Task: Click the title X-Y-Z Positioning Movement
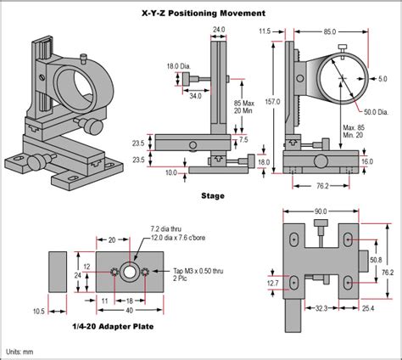[x=202, y=13]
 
